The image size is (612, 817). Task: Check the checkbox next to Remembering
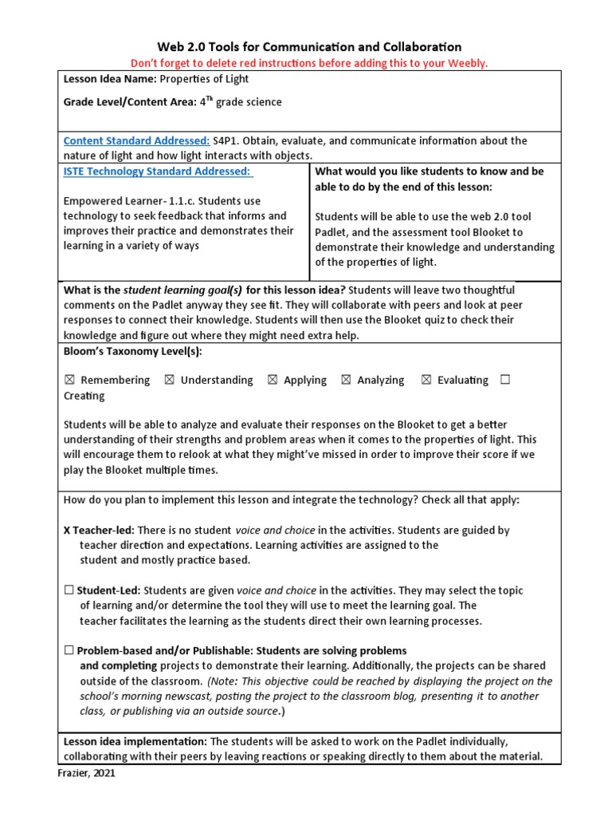pos(69,381)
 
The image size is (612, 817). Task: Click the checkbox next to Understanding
pos(169,381)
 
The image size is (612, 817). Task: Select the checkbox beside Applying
pos(273,381)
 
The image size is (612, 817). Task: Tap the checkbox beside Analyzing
pos(346,381)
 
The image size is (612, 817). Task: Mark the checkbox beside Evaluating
pos(426,381)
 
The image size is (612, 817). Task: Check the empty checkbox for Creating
pos(505,380)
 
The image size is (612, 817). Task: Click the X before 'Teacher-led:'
pos(68,530)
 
